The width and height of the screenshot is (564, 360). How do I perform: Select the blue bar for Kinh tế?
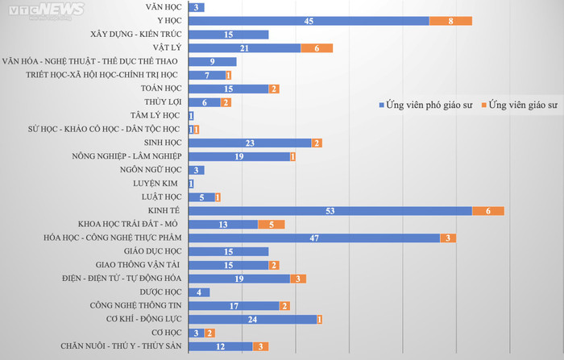(x=330, y=211)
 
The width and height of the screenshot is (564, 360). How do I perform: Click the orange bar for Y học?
(x=450, y=20)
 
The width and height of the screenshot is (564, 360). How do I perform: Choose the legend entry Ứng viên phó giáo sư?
(x=427, y=106)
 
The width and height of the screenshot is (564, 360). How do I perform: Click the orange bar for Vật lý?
(x=317, y=48)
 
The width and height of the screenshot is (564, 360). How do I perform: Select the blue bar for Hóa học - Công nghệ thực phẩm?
(x=314, y=238)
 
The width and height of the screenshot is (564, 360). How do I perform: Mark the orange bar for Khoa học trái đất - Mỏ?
(x=271, y=225)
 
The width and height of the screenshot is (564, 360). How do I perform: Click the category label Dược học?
(x=159, y=292)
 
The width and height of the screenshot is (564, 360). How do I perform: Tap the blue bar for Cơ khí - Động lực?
(x=252, y=320)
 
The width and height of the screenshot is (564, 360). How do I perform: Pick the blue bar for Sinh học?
(x=250, y=143)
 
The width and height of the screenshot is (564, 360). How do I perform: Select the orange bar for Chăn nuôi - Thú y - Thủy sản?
(x=260, y=346)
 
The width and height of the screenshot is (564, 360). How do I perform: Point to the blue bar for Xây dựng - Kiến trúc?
(x=228, y=34)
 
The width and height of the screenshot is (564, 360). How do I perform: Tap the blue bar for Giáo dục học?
(x=228, y=251)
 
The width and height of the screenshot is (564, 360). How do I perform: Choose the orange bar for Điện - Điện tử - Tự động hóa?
(x=298, y=279)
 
